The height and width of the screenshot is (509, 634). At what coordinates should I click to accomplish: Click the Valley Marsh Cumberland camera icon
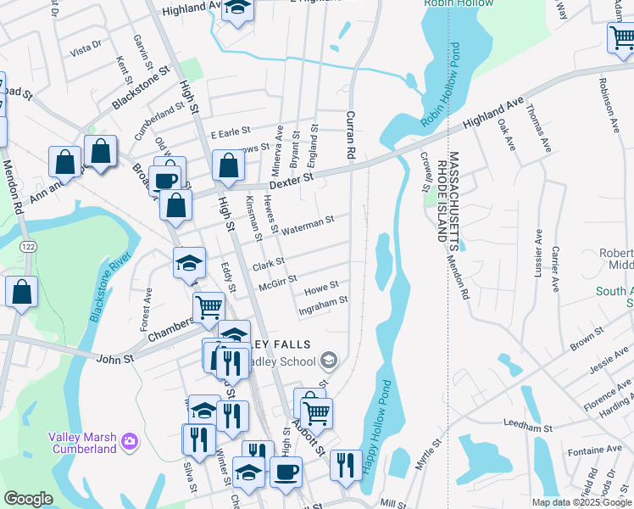coord(129,440)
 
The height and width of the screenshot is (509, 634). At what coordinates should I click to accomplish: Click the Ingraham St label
coord(324,302)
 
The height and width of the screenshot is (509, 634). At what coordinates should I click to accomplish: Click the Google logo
coord(28,499)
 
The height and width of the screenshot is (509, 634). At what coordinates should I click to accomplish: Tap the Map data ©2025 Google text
coord(581,502)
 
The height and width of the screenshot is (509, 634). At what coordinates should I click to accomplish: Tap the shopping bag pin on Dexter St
coord(228,165)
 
